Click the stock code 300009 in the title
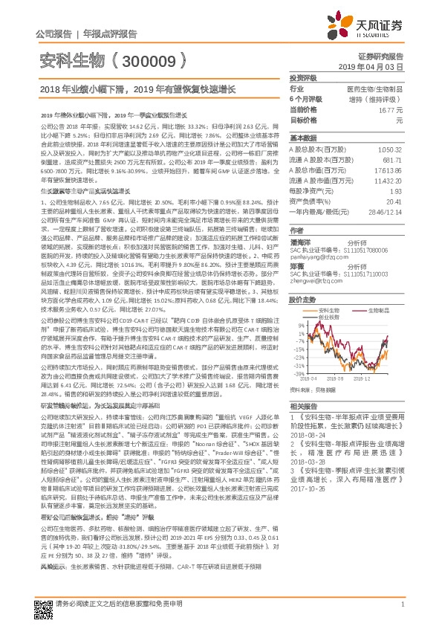click(x=152, y=61)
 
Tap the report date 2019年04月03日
click(x=378, y=66)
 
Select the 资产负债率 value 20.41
click(x=394, y=201)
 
